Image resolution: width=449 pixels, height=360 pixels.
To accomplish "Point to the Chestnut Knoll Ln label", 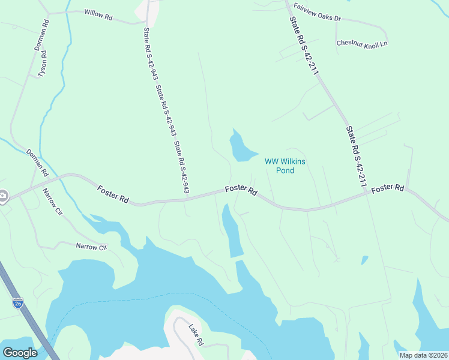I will coord(362,43).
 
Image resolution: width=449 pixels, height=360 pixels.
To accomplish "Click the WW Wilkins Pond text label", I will coord(280,165).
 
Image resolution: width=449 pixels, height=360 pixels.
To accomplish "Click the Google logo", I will coord(20,352).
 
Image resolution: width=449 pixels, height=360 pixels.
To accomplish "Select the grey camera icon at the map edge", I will coord(3,196).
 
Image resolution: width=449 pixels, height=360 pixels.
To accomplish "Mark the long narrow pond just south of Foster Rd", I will coord(232,231).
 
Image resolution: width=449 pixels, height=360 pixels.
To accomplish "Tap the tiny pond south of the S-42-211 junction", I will coord(364,260).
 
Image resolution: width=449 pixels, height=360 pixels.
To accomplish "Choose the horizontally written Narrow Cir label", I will coord(91,247).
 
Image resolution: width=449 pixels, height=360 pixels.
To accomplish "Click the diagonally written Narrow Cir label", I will coord(52,202).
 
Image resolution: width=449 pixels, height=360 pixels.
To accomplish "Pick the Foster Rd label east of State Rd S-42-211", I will coord(388,189).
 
